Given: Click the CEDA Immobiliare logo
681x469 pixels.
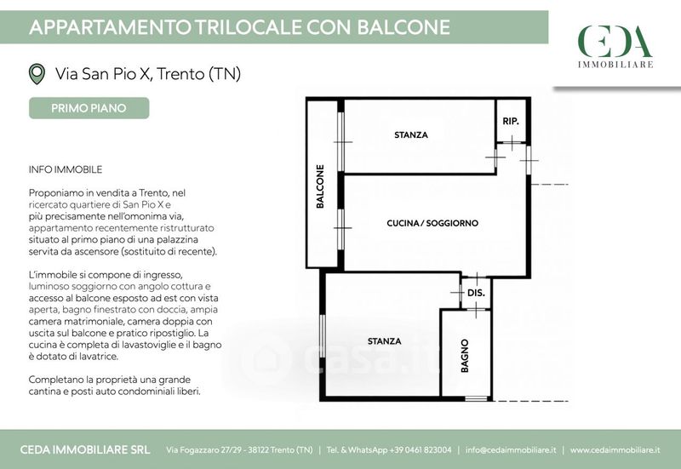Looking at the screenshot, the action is pos(615,46).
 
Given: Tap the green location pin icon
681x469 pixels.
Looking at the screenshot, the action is pos(37,74).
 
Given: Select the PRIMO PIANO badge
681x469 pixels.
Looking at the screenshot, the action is pos(89,108).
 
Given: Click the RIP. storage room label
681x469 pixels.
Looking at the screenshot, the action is pos(511,121).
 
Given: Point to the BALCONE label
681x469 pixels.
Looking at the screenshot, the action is pos(320,186).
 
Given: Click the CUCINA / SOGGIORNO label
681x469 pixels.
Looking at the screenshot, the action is pos(432,223).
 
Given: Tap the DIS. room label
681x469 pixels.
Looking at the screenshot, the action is pos(476,293).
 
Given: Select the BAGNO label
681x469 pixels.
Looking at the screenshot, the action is pos(465,356).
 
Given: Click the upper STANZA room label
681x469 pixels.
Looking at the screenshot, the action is pos(411,135).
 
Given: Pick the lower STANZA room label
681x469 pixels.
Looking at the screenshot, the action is pos(385,341).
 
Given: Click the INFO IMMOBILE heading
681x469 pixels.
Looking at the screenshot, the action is pos(66,169).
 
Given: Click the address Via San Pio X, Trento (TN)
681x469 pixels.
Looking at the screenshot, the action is pos(147,74).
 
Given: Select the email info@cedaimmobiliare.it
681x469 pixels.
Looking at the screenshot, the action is pos(511,450).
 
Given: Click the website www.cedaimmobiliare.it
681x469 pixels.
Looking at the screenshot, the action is pos(615,450).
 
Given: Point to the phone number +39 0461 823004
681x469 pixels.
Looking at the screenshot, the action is pos(421,450).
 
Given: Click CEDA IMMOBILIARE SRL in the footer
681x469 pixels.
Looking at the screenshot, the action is pos(85,450).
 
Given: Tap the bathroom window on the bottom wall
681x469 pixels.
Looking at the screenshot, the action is pos(476,398).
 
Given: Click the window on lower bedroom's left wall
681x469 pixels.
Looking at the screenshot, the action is pos(323,336).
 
